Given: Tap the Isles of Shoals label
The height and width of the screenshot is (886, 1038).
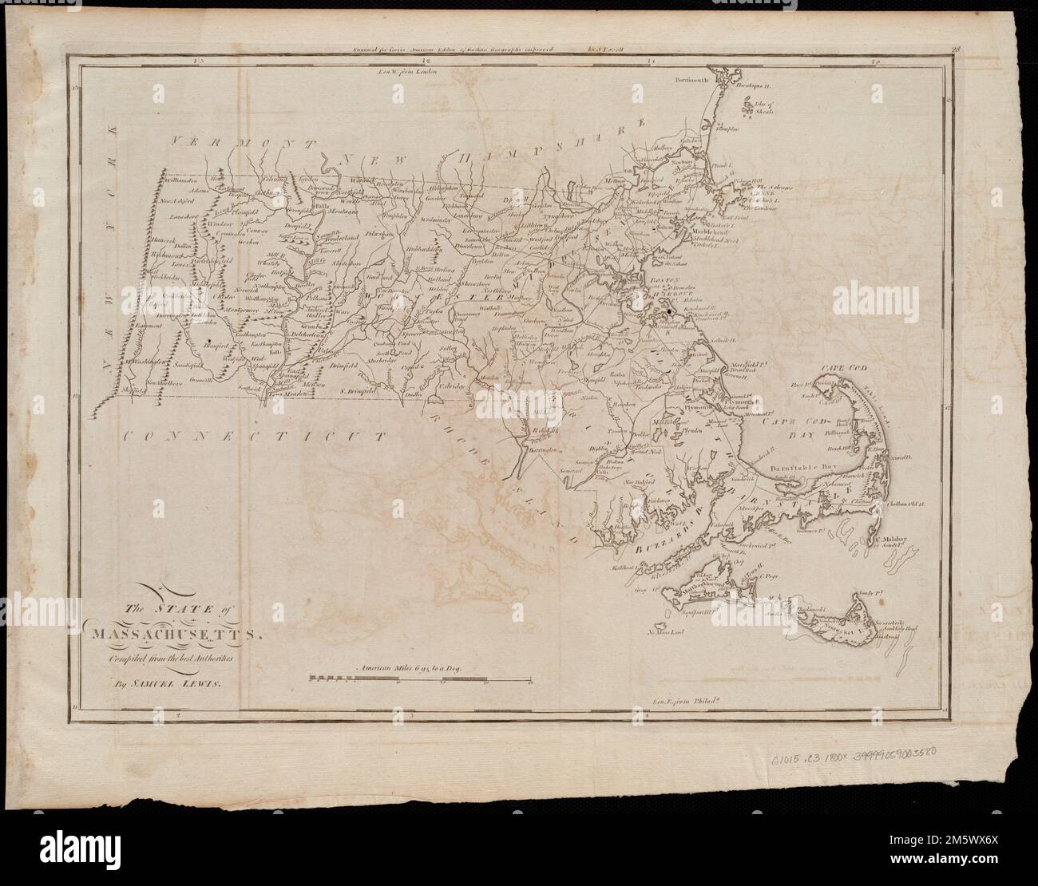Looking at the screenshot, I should [755, 105].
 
